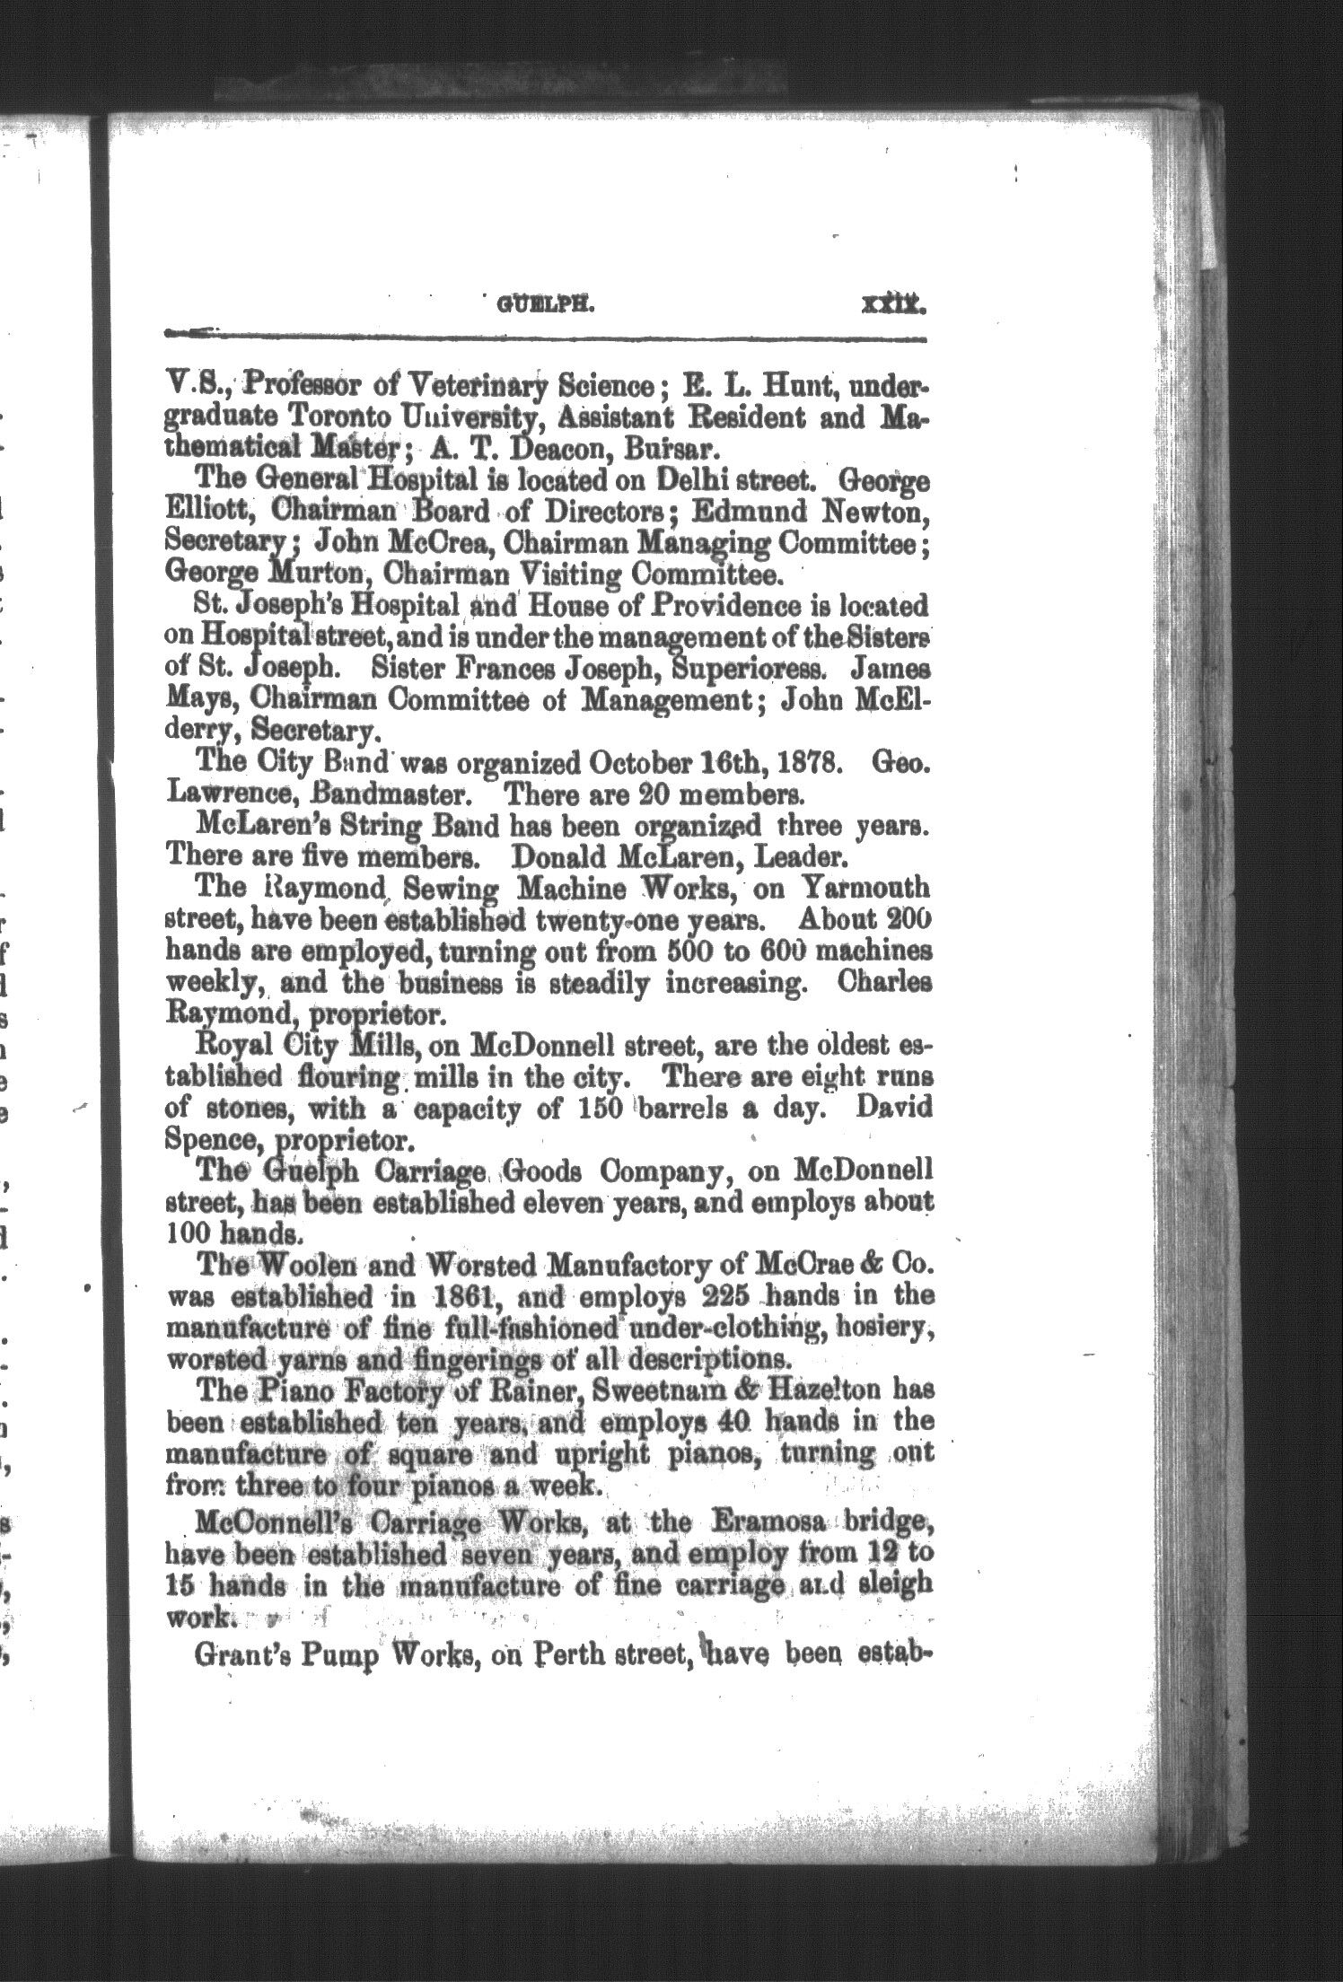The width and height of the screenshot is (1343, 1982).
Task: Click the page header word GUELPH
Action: (541, 304)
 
